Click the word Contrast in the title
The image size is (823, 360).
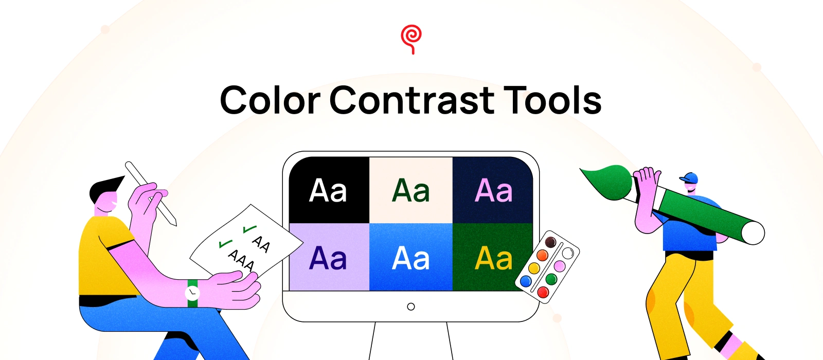point(412,100)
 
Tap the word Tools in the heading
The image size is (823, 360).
point(552,100)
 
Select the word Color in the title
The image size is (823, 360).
point(270,100)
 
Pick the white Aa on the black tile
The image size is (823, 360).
point(328,190)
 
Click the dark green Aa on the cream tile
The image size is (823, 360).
point(411,190)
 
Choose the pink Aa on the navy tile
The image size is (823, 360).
point(493,190)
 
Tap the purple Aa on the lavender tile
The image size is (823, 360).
point(328,258)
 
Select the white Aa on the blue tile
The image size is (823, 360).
point(411,258)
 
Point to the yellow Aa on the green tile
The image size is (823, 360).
point(493,258)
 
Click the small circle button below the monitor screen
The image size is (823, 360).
point(411,307)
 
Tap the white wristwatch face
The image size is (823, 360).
point(192,293)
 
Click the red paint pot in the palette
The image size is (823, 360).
point(543,292)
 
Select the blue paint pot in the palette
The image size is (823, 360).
point(526,281)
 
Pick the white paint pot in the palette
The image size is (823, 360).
point(568,253)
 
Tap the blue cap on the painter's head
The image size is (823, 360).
point(689,178)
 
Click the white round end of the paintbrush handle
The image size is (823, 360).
point(753,233)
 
